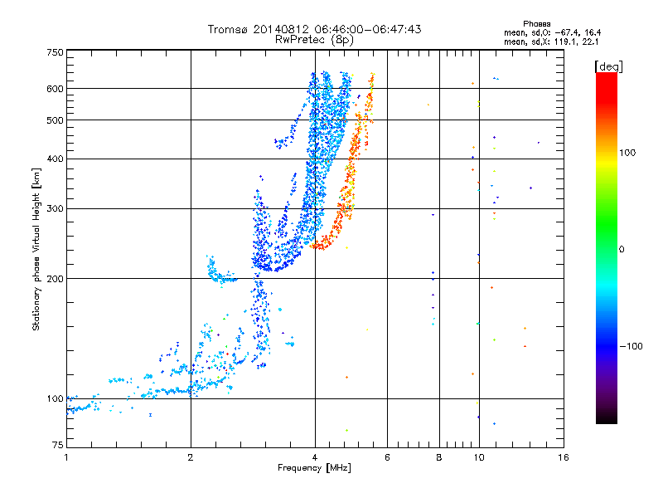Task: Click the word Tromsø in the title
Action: pyautogui.click(x=229, y=29)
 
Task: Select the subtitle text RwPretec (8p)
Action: pyautogui.click(x=314, y=40)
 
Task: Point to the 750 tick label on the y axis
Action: pyautogui.click(x=55, y=52)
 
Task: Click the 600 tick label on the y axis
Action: pyautogui.click(x=55, y=89)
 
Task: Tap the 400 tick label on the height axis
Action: pyautogui.click(x=55, y=159)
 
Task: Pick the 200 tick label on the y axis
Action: pyautogui.click(x=55, y=279)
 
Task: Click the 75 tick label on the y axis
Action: pyautogui.click(x=58, y=445)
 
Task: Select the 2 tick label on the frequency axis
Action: pyautogui.click(x=191, y=457)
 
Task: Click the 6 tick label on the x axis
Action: pyautogui.click(x=387, y=457)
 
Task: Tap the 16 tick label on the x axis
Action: pyautogui.click(x=564, y=457)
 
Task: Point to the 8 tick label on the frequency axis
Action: pyautogui.click(x=439, y=457)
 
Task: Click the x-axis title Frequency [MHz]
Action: pyautogui.click(x=314, y=468)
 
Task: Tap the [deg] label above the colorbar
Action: pyautogui.click(x=608, y=66)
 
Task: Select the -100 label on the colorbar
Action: pyautogui.click(x=631, y=346)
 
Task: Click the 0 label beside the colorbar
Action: pyautogui.click(x=622, y=250)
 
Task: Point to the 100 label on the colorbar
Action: pyautogui.click(x=627, y=153)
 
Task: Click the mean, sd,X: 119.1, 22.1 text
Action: pyautogui.click(x=551, y=42)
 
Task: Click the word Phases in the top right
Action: pyautogui.click(x=536, y=24)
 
